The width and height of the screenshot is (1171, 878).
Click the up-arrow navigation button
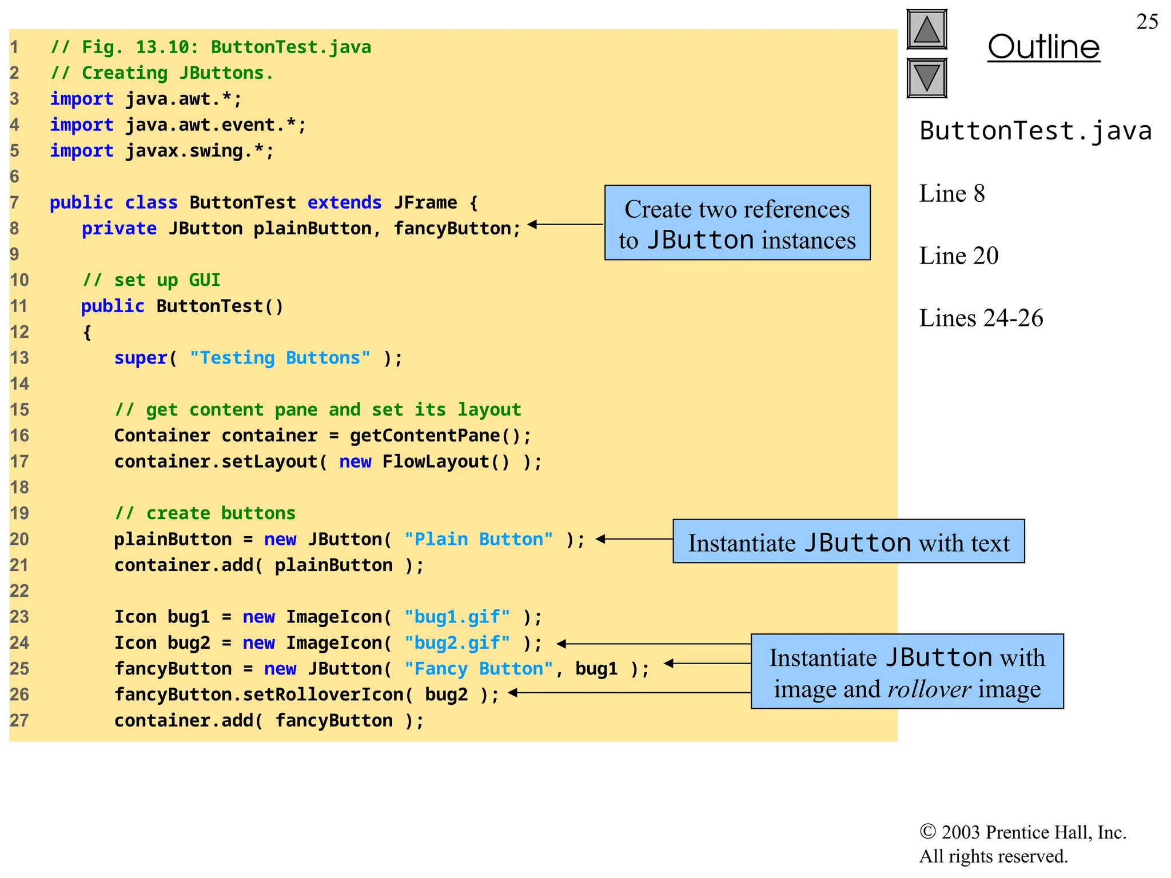pyautogui.click(x=926, y=30)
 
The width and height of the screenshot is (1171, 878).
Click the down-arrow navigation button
pyautogui.click(x=926, y=78)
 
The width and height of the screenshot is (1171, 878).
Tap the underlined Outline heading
pyautogui.click(x=1043, y=47)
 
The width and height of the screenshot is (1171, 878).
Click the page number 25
pyautogui.click(x=1147, y=22)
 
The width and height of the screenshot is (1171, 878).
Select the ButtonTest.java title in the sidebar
pyautogui.click(x=1035, y=131)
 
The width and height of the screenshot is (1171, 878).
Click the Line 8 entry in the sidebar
pyautogui.click(x=952, y=194)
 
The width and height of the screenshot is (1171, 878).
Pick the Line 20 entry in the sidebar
pyautogui.click(x=959, y=256)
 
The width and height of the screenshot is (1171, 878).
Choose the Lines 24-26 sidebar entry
pyautogui.click(x=981, y=318)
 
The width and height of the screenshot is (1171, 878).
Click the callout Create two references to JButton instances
pyautogui.click(x=737, y=223)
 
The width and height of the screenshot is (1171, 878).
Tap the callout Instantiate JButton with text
pyautogui.click(x=849, y=541)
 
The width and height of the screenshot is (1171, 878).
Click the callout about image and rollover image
pyautogui.click(x=907, y=672)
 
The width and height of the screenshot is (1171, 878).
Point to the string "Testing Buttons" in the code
pyautogui.click(x=280, y=358)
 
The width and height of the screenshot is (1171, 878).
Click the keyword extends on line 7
pyautogui.click(x=344, y=202)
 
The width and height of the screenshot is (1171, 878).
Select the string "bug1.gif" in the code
pyautogui.click(x=457, y=617)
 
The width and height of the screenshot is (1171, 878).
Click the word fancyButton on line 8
pyautogui.click(x=452, y=229)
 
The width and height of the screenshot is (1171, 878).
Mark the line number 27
pyautogui.click(x=19, y=720)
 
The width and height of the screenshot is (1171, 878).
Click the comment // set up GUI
pyautogui.click(x=152, y=280)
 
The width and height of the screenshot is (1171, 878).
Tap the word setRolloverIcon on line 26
pyautogui.click(x=323, y=695)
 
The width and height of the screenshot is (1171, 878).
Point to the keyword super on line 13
pyautogui.click(x=141, y=358)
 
